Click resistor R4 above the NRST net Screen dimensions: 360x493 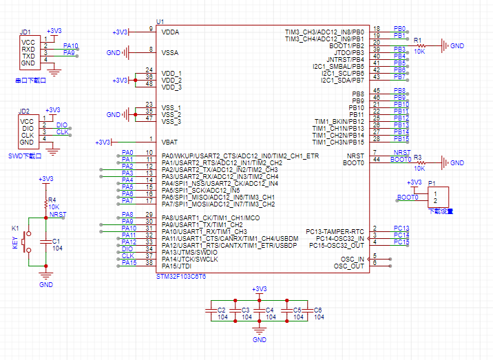pos(46,202)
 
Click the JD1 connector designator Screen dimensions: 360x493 pos(25,32)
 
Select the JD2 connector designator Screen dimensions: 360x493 pos(24,112)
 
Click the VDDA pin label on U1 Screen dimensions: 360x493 pos(170,32)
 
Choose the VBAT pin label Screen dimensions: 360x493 pos(170,142)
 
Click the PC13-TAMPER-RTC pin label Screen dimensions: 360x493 pos(335,231)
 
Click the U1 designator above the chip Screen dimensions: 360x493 pos(160,23)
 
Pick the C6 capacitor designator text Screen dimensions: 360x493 pos(318,310)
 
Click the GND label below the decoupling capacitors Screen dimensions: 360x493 pos(260,340)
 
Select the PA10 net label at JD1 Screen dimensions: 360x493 pos(70,46)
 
